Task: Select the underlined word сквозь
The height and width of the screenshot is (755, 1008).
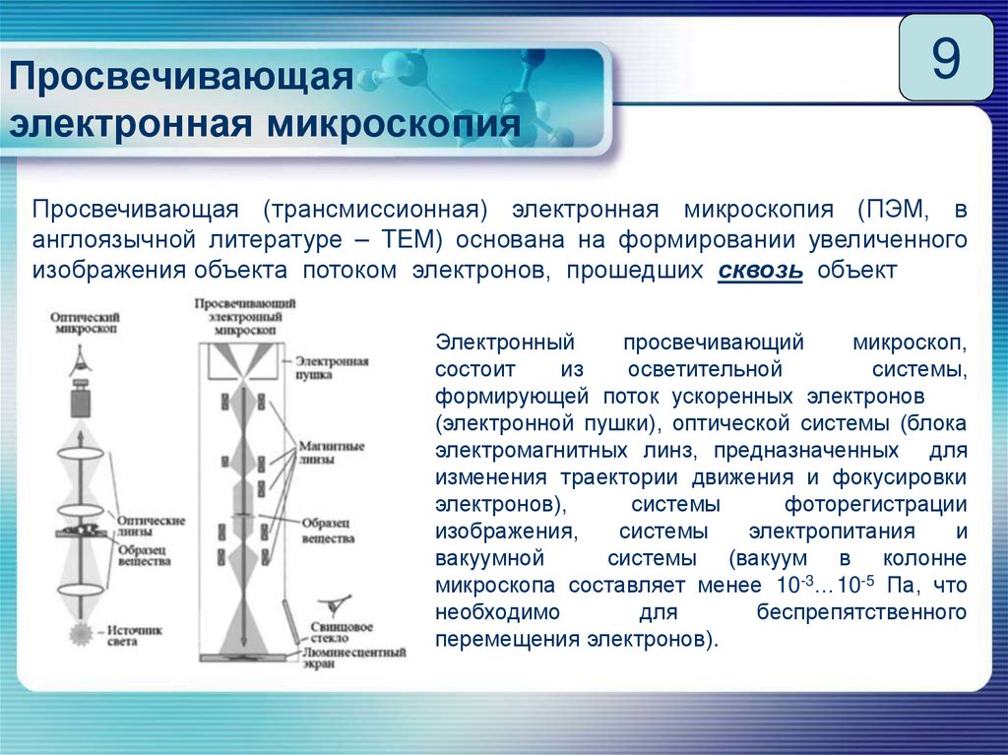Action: click(x=760, y=271)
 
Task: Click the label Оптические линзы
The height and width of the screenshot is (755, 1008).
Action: click(x=151, y=525)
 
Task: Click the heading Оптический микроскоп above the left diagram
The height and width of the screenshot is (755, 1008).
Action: click(x=87, y=324)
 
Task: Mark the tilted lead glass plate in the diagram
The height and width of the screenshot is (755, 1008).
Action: click(x=292, y=630)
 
